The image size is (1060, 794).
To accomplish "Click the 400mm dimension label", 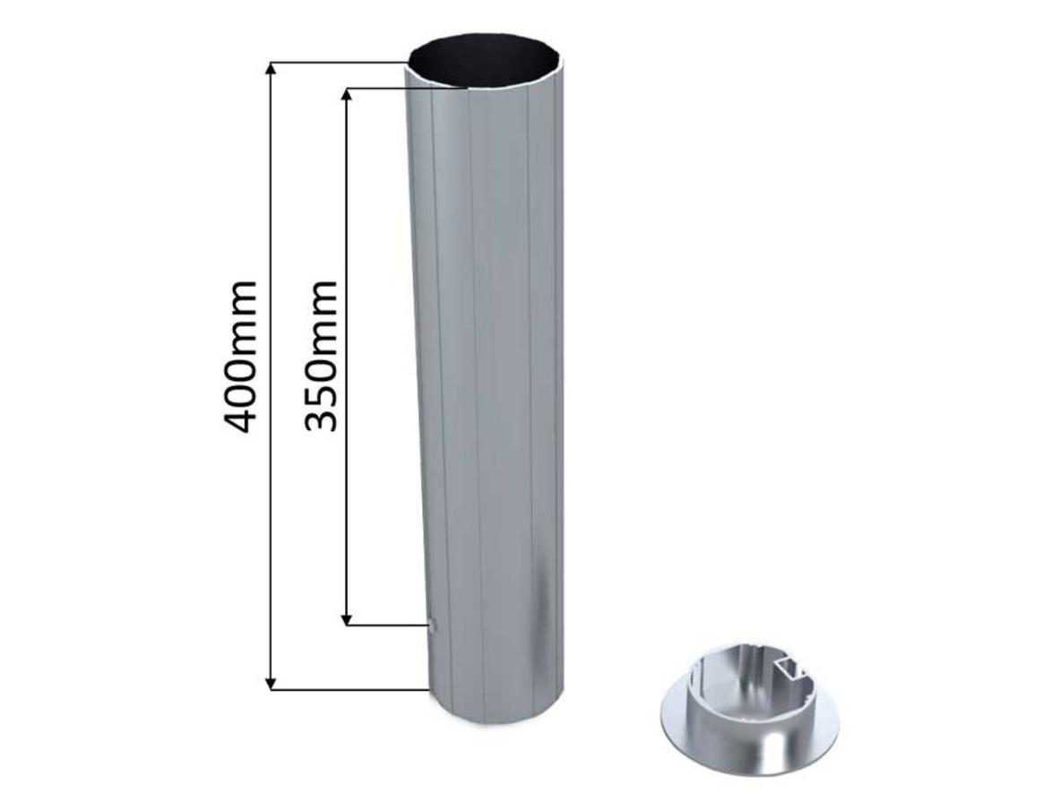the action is point(240,357).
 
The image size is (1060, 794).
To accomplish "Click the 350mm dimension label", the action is point(320,357).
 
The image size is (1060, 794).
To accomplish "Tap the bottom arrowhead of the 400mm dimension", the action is point(271,683).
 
